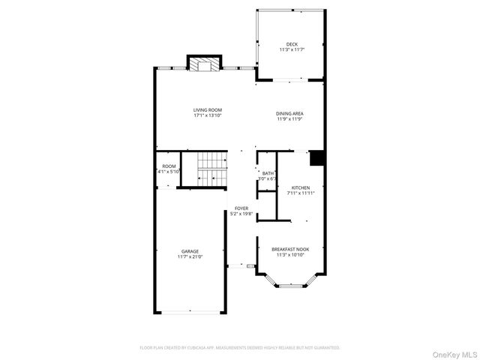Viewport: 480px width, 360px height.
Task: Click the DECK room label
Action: tap(291, 44)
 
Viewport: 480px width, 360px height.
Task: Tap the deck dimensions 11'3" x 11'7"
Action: tap(291, 50)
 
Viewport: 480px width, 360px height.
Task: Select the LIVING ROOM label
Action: tap(208, 110)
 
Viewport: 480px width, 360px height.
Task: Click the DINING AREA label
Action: tap(290, 113)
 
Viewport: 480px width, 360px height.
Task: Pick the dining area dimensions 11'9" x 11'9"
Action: tap(290, 119)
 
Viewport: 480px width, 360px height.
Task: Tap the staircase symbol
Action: tap(212, 169)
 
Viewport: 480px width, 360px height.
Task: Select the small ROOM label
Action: tap(169, 166)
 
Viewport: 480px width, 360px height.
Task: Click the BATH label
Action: tap(268, 173)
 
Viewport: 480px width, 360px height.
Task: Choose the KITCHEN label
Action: tap(300, 187)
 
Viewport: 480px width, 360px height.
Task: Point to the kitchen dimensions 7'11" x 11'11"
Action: tap(300, 193)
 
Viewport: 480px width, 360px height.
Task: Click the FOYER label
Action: tap(241, 208)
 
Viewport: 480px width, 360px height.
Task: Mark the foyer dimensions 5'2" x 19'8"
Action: tap(241, 214)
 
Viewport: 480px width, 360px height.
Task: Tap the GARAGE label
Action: tap(190, 251)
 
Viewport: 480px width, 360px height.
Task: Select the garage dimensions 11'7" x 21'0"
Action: tap(190, 257)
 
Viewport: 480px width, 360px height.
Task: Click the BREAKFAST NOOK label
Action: tap(290, 248)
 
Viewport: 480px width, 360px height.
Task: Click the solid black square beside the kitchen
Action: tap(316, 157)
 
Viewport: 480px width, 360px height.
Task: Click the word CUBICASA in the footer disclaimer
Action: tap(211, 348)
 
